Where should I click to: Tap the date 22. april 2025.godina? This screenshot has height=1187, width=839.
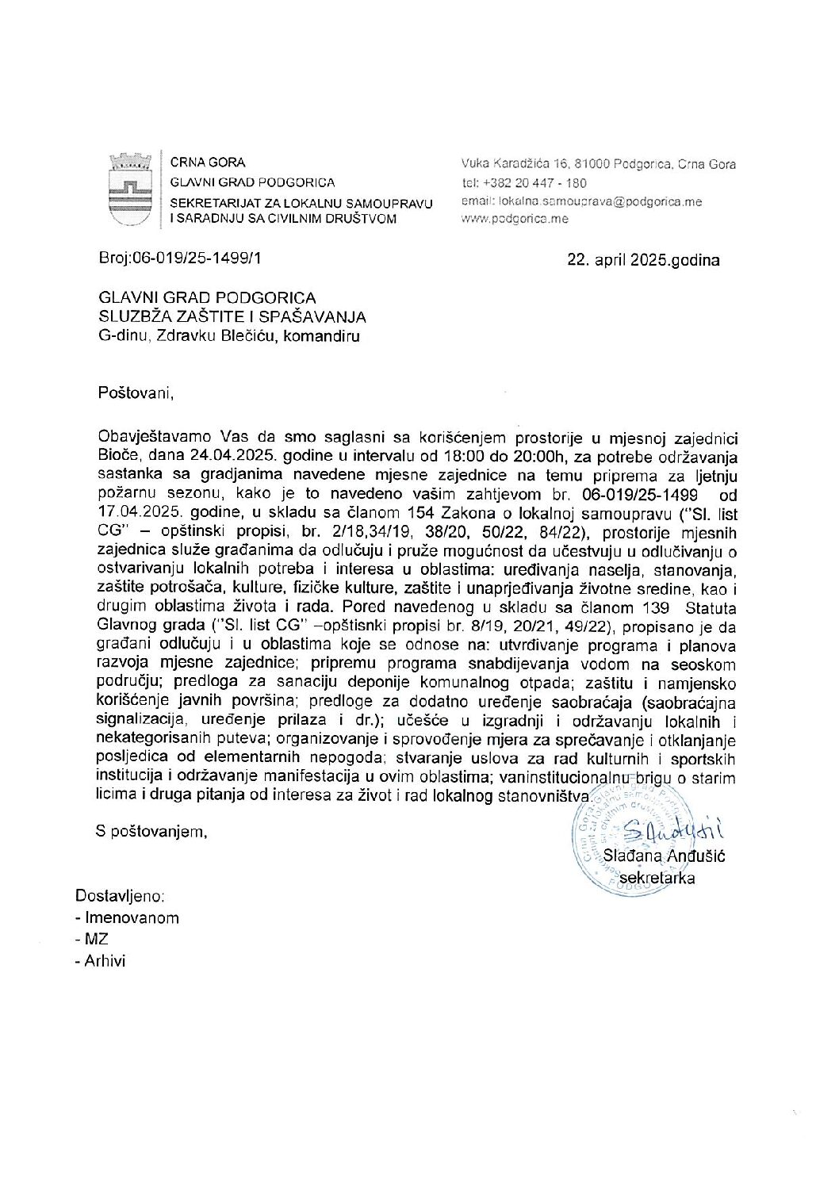pos(643,260)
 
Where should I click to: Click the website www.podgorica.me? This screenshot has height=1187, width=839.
pos(515,219)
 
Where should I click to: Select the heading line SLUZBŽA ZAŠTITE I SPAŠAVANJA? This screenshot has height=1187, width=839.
pos(232,317)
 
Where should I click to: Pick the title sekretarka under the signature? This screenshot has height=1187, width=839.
pos(657,878)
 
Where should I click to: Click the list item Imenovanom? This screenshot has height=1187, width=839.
pos(132,917)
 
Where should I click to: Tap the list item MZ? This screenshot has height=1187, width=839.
pos(96,940)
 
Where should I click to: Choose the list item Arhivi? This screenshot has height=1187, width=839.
pos(105,961)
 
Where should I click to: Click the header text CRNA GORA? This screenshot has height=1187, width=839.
pos(208,163)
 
